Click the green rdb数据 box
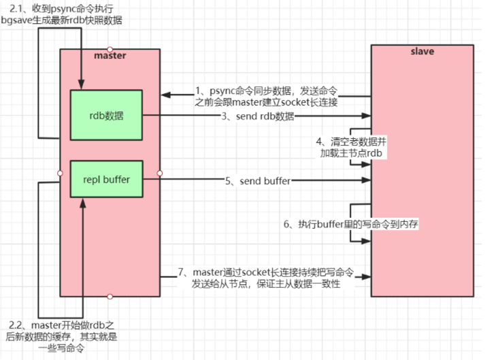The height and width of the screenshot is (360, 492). [106, 115]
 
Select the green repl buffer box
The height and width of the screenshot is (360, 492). [106, 180]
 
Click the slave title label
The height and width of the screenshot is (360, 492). [423, 51]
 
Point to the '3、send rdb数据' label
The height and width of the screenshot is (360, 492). [257, 116]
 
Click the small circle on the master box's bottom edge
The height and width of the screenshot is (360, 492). [110, 296]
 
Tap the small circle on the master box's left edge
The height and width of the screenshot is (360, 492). [61, 173]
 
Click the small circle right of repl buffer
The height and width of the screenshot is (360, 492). [160, 173]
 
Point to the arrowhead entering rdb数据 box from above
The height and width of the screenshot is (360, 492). [82, 86]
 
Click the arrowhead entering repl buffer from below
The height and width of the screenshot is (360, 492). [82, 200]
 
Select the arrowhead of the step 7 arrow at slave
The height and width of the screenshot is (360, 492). [367, 277]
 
